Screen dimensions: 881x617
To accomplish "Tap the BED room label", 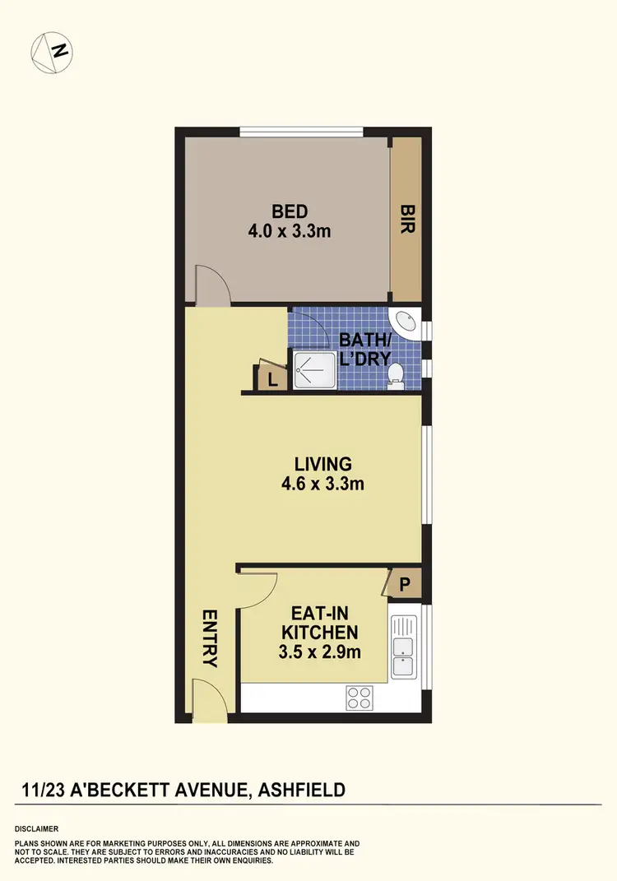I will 289,213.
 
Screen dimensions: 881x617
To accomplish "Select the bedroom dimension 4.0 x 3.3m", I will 289,231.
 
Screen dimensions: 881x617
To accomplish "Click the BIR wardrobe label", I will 406,220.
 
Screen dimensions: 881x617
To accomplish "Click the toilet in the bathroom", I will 396,373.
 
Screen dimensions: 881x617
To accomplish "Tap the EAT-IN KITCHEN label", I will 319,623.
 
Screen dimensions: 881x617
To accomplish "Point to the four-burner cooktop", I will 359,698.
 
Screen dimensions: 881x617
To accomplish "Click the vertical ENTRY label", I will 209,638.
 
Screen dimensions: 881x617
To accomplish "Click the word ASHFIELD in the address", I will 301,791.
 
